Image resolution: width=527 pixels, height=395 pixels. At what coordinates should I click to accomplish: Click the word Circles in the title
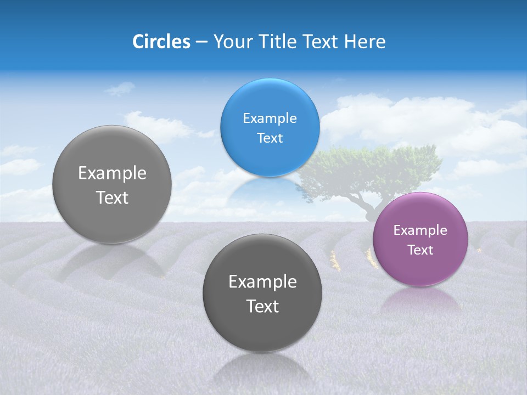(x=161, y=42)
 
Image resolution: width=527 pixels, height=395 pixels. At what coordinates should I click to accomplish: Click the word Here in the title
(x=365, y=42)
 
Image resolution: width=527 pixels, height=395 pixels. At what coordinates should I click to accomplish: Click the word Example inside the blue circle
(x=270, y=119)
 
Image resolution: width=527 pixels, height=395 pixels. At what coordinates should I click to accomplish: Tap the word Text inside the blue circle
(x=270, y=138)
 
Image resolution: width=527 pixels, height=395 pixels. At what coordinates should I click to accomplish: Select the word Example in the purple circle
(x=420, y=230)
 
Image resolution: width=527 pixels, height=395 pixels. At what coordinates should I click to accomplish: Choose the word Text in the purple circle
(x=421, y=250)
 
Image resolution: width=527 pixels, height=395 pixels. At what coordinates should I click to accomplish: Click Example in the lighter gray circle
(x=112, y=173)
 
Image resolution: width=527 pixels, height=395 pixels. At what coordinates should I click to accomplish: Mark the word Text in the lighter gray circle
(x=112, y=198)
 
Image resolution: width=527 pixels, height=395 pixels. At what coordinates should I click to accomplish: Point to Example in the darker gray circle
(x=262, y=282)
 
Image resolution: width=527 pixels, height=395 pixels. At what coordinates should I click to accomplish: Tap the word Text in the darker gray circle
(x=262, y=306)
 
